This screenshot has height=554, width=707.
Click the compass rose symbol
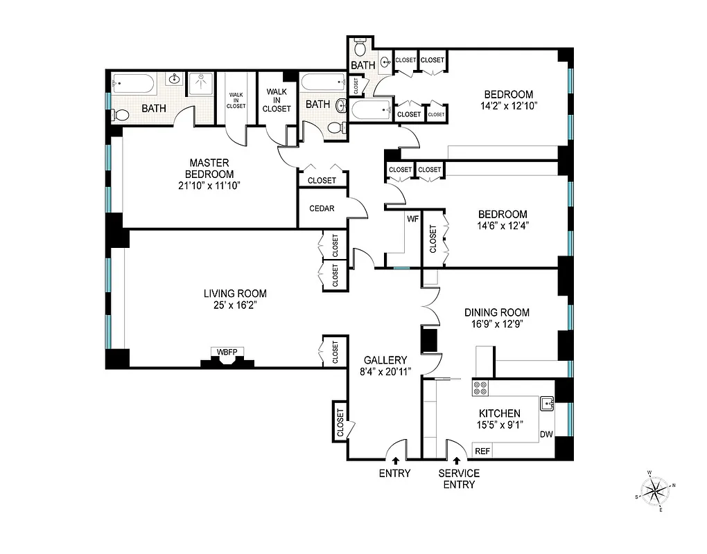coord(654,492)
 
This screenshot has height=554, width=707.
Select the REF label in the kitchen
coord(482,451)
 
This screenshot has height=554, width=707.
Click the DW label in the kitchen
coord(546,434)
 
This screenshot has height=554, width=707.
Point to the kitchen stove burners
coord(480,388)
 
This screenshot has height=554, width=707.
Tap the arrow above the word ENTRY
coord(395,459)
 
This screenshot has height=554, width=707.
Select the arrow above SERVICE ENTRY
coord(457,459)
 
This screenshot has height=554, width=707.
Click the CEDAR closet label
coord(322,208)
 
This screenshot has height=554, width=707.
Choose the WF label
coord(412,219)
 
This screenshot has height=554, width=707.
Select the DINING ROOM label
coord(496,312)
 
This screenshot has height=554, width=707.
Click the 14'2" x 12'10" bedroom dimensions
coord(508,106)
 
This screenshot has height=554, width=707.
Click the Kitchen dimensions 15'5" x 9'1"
coord(494,425)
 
